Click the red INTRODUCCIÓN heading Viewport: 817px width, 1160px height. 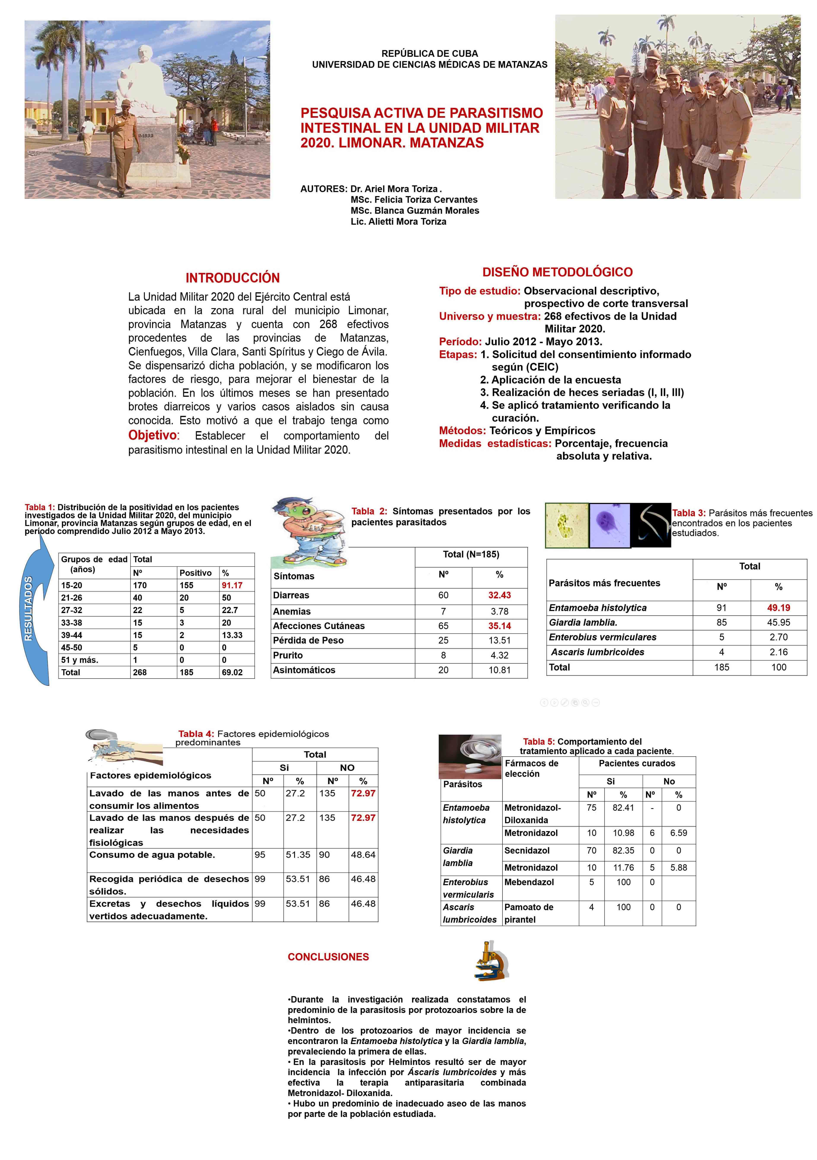(x=232, y=278)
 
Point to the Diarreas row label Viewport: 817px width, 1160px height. (x=291, y=595)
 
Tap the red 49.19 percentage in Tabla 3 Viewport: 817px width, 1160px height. (x=778, y=608)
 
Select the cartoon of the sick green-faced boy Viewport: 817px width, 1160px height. (x=307, y=530)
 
